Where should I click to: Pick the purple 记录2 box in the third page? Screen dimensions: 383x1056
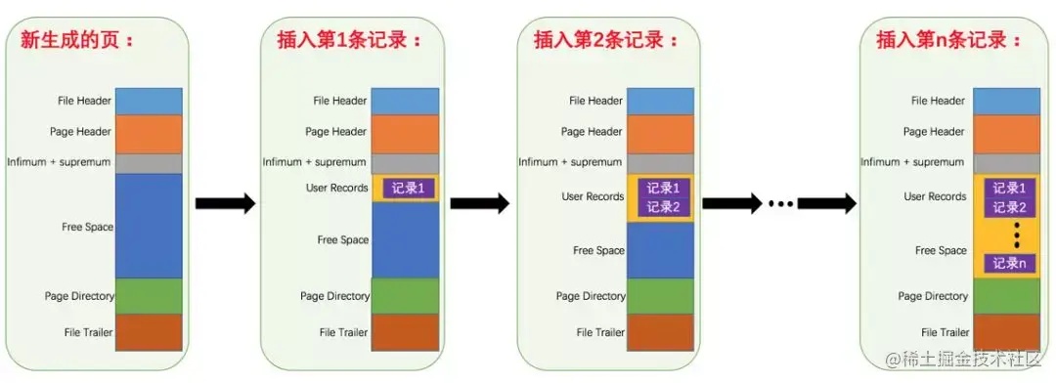point(663,207)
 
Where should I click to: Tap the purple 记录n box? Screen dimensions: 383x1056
point(1007,263)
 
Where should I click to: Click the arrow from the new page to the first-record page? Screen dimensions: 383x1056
point(224,203)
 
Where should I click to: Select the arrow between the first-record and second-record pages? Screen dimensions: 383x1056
point(479,203)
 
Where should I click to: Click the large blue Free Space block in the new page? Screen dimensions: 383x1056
point(150,226)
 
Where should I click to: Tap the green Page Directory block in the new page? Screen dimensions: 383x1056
point(150,296)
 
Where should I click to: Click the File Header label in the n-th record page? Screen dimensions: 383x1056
point(938,101)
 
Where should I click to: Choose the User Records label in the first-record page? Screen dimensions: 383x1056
point(336,188)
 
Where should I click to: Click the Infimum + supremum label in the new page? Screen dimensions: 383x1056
point(59,162)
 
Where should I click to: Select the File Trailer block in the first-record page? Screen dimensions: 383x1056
point(405,332)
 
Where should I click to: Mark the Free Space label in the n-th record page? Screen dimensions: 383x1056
point(941,251)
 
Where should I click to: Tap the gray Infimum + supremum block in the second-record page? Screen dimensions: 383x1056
point(660,163)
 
